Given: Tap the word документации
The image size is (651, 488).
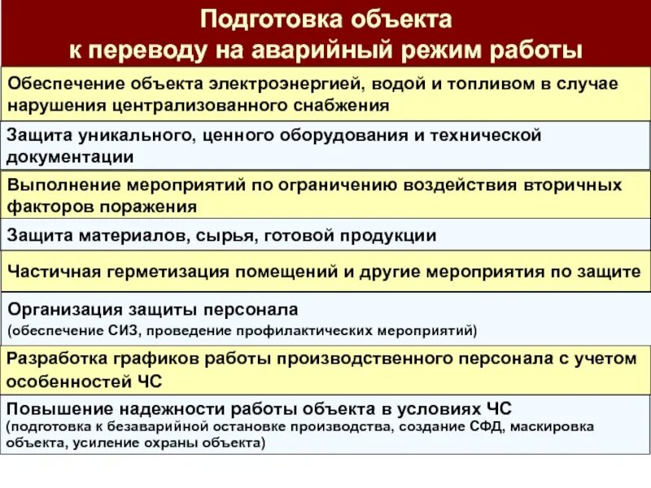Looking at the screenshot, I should [x=71, y=156].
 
